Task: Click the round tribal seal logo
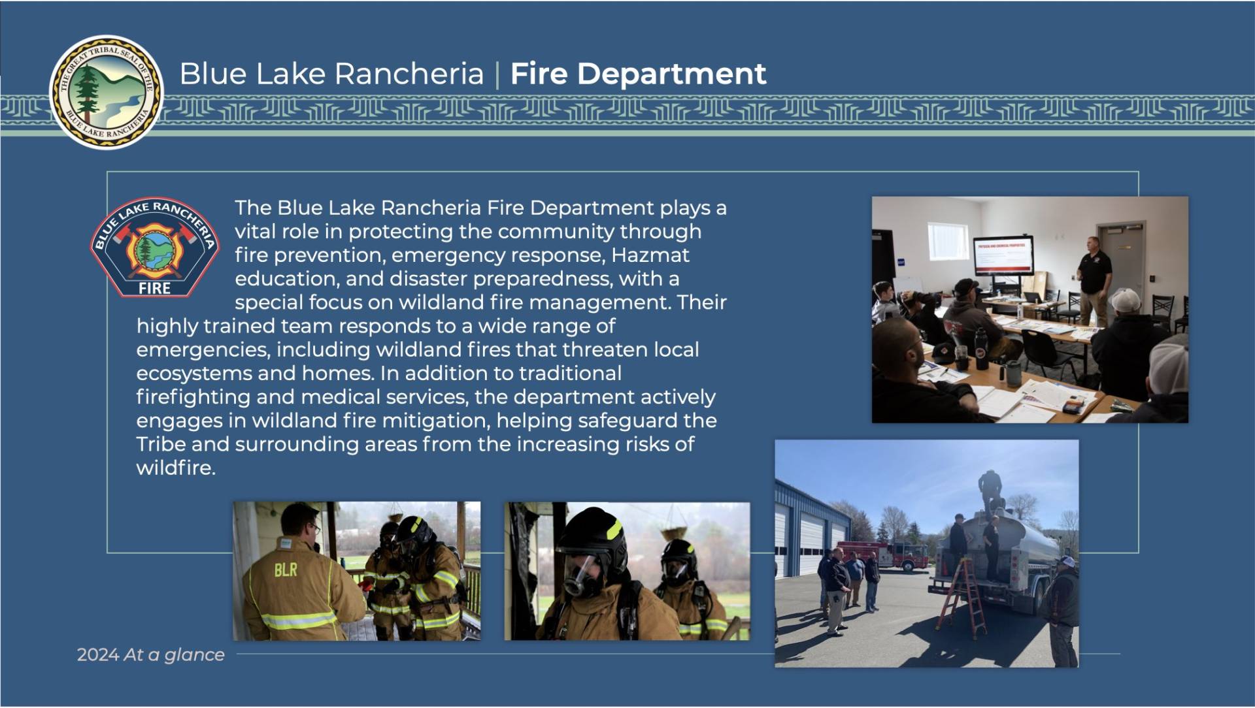[x=107, y=92]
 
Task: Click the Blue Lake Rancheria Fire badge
[x=155, y=248]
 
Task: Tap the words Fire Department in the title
[x=638, y=73]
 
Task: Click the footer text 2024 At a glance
[x=150, y=654]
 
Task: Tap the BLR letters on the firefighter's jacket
[x=286, y=570]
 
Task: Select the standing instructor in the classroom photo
[x=1095, y=281]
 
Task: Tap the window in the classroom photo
[x=948, y=240]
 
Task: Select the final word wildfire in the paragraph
[x=176, y=468]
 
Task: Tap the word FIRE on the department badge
[x=154, y=288]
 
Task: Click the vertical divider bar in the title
[x=497, y=74]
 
